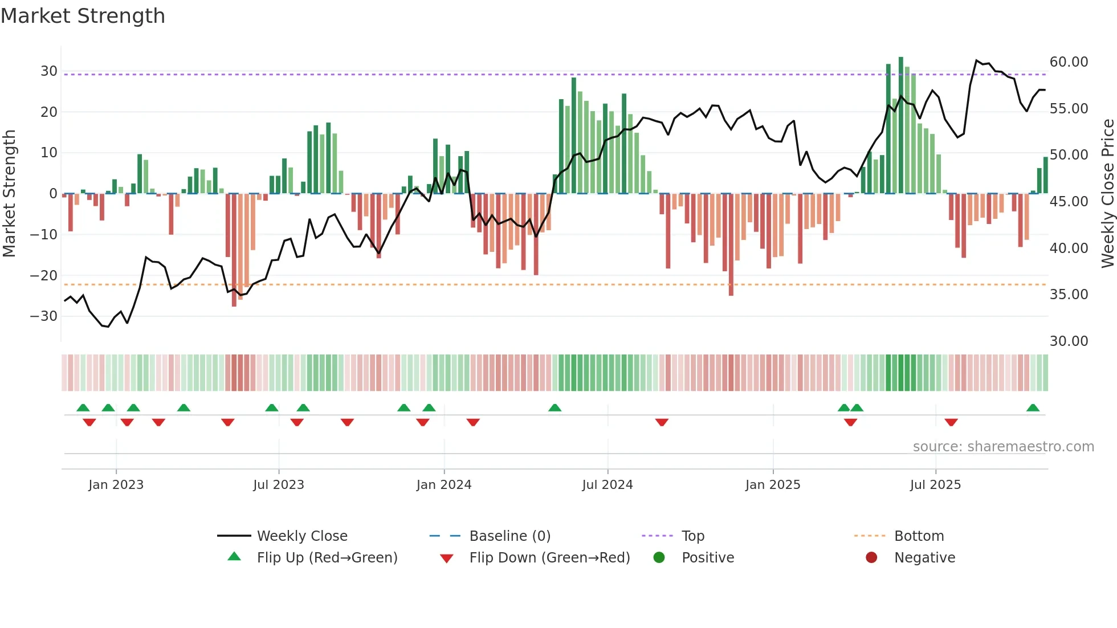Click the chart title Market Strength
click(83, 16)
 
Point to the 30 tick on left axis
click(48, 71)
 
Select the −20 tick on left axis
click(44, 276)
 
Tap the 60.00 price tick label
click(1069, 62)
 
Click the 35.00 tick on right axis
click(1069, 295)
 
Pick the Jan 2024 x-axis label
click(444, 485)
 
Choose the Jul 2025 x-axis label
click(935, 485)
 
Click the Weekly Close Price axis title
click(1107, 194)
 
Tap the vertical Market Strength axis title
click(9, 194)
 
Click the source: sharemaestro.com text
click(1003, 447)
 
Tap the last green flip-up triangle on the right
click(1033, 408)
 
